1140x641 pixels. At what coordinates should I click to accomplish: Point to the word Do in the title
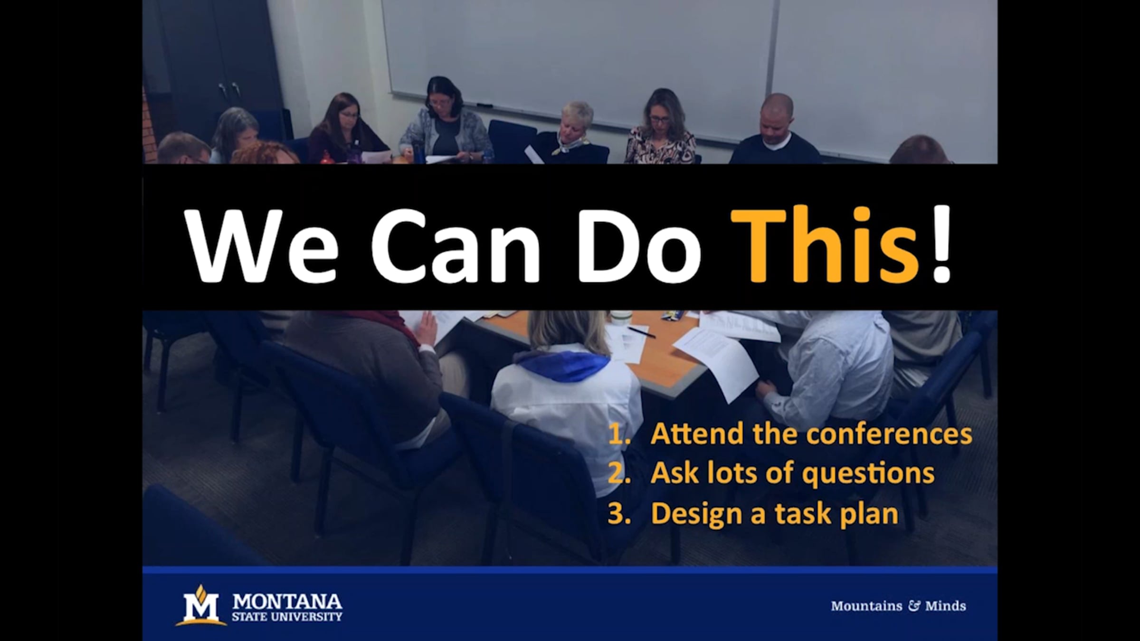639,246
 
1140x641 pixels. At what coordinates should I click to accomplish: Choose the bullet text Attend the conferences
811,434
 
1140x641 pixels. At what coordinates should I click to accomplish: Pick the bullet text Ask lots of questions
792,473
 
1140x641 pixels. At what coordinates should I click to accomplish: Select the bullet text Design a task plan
774,514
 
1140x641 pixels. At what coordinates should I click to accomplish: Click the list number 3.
619,514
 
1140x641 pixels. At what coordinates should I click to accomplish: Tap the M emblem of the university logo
201,605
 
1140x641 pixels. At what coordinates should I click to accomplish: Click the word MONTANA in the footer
287,602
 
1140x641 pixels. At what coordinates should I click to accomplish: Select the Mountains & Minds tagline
898,606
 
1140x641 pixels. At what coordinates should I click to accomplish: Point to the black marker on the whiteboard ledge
484,105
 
